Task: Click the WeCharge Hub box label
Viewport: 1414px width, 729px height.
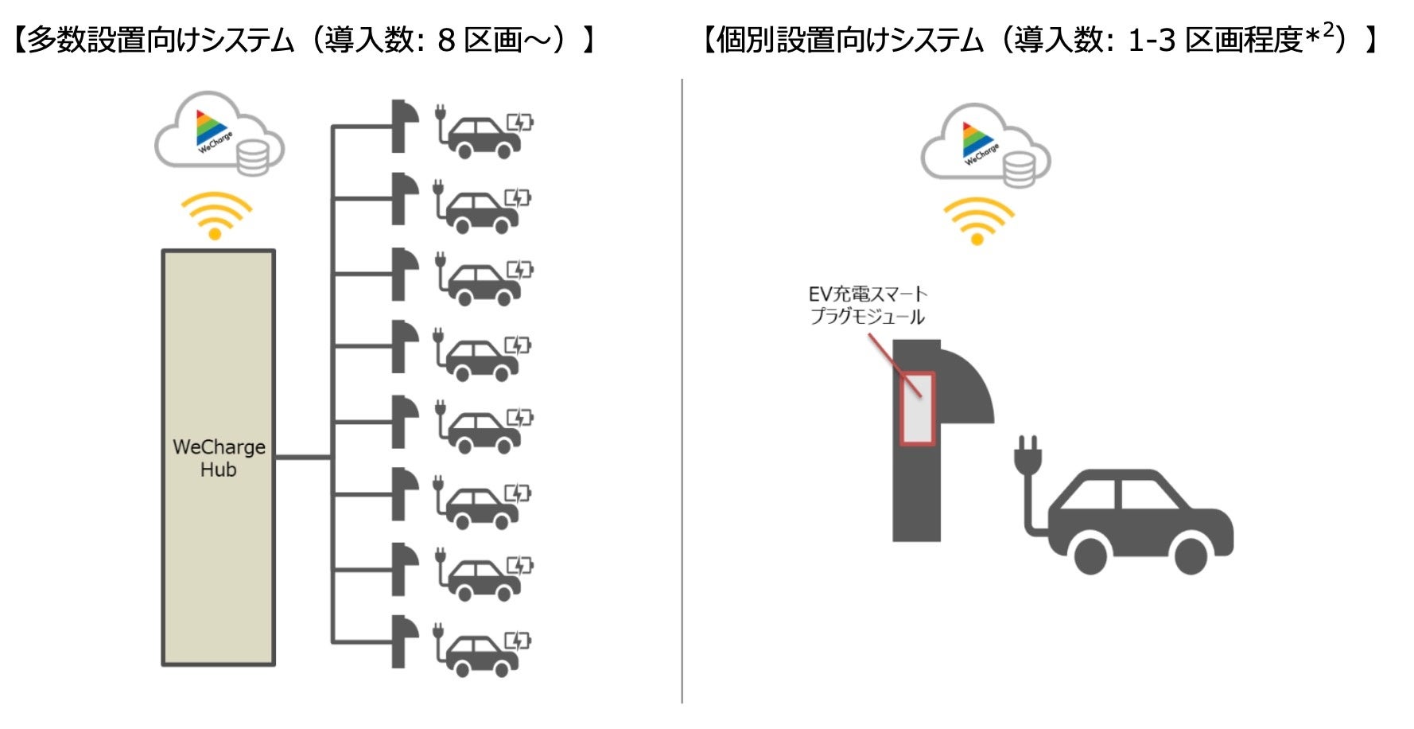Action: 219,458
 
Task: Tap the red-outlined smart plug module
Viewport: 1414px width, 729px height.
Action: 917,407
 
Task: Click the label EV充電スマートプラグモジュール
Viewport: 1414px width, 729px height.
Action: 868,306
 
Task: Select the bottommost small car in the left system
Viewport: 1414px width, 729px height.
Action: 481,654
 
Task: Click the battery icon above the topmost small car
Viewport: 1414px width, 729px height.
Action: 521,122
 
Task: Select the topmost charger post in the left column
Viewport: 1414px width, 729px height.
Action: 403,126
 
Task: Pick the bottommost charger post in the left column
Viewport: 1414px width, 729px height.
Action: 403,641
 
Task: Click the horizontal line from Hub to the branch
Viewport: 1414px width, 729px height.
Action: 303,457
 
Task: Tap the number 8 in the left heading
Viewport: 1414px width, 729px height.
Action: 446,40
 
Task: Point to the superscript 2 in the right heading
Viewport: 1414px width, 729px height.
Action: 1327,32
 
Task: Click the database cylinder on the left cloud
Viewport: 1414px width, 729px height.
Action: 253,157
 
